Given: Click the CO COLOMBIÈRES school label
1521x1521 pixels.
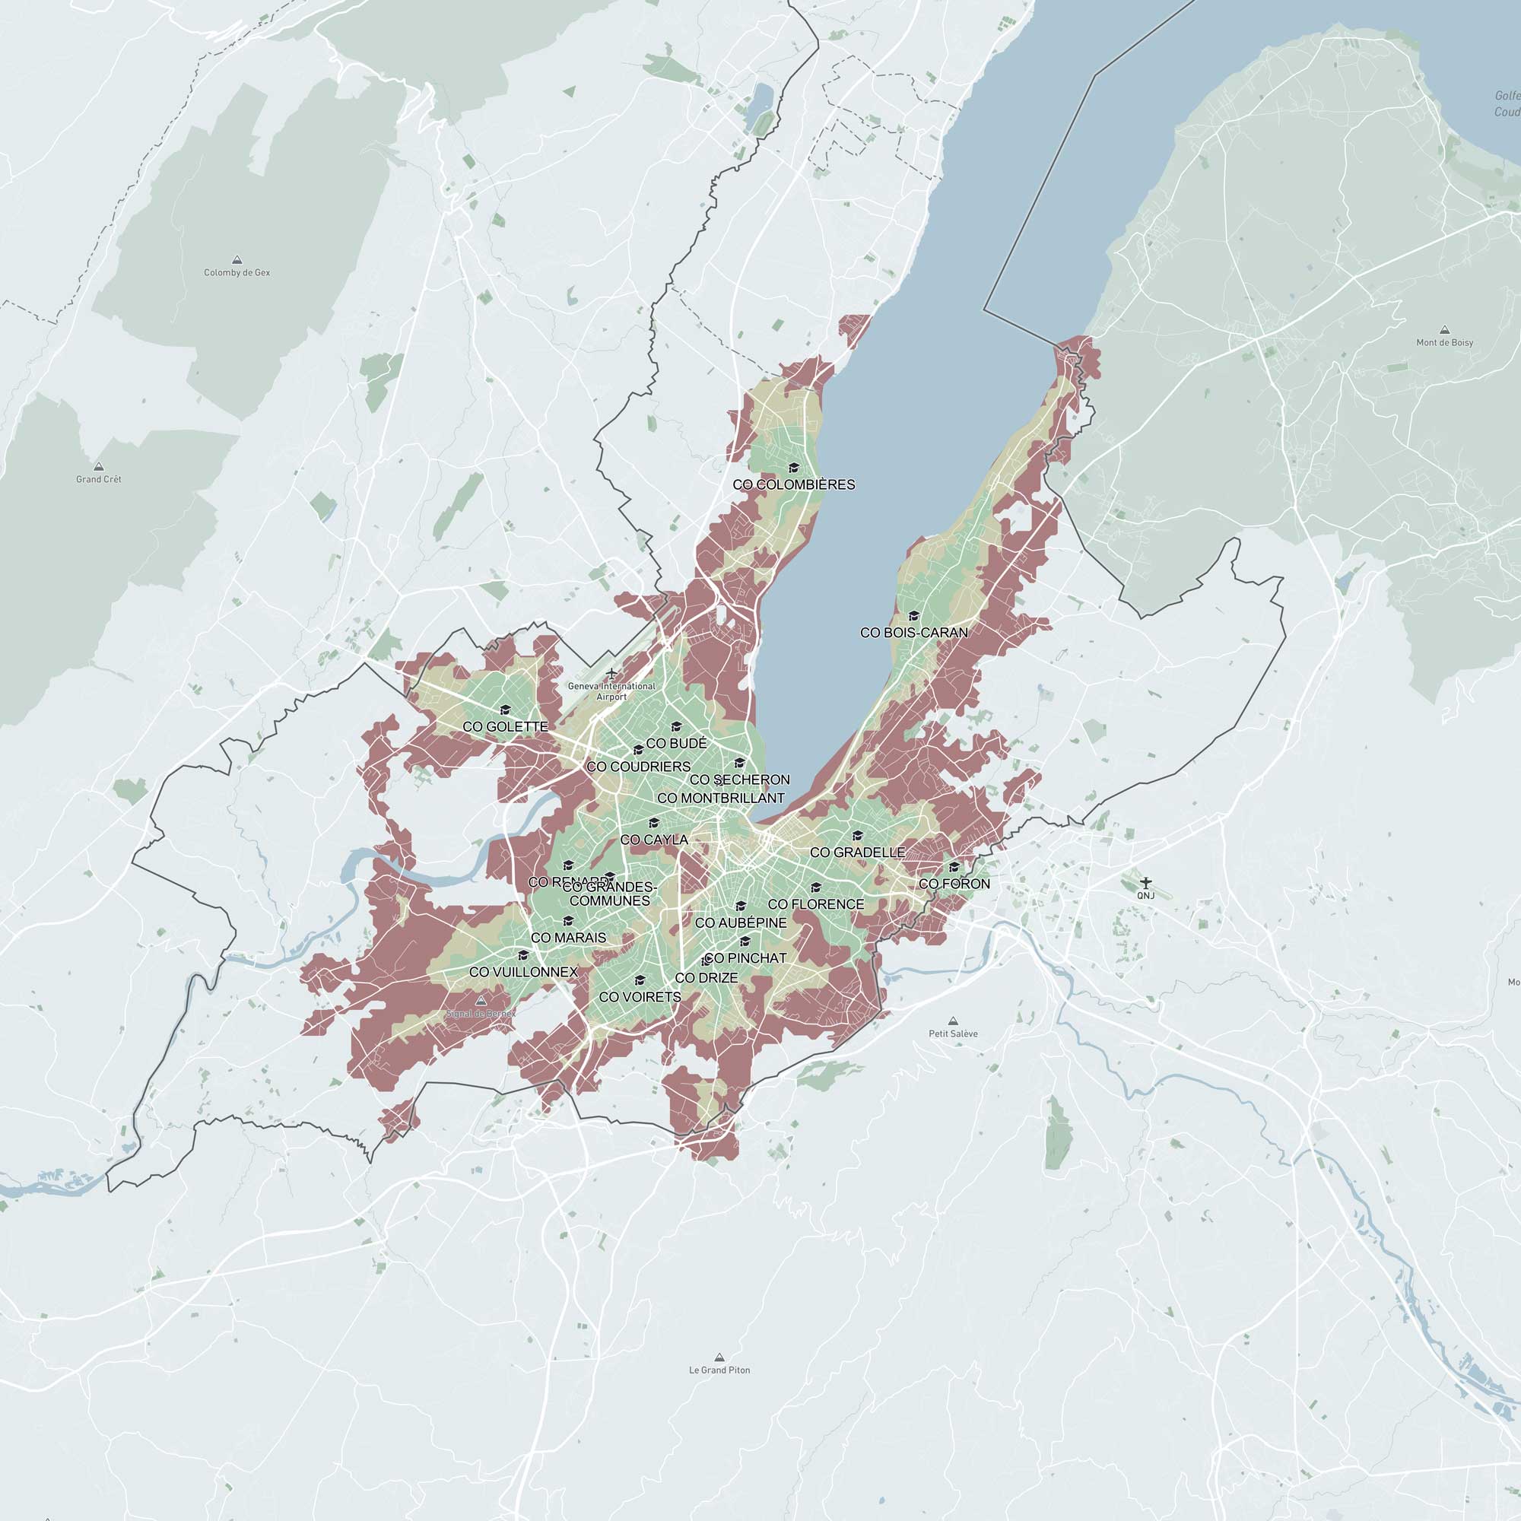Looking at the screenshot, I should click(793, 485).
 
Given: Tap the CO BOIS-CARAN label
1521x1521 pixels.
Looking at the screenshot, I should click(914, 632).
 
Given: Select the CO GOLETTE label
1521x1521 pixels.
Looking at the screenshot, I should click(506, 726).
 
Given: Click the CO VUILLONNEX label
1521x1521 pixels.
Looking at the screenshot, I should click(523, 972).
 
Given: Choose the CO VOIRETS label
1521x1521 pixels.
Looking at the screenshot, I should click(640, 997).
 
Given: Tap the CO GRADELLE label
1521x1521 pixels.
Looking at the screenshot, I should click(857, 853).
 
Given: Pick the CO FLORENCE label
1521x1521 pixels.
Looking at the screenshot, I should click(815, 904).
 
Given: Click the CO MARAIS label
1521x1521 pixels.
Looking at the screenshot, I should click(568, 938).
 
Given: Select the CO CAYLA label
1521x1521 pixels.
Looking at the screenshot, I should click(654, 840).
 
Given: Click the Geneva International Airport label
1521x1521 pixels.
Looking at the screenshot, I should click(611, 691).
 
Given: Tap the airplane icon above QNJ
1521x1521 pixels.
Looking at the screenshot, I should click(1145, 881).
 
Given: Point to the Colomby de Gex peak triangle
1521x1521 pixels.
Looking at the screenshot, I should click(237, 260).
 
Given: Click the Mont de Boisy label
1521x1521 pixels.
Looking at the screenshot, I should click(1445, 342).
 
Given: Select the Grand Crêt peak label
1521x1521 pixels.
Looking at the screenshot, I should click(98, 479).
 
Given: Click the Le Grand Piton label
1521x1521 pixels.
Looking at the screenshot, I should click(719, 1370).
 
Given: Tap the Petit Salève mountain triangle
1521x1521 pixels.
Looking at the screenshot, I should click(954, 1021).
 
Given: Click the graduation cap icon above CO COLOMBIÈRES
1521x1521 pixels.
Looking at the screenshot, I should click(793, 468).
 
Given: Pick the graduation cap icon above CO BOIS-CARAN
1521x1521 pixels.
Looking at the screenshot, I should click(914, 616).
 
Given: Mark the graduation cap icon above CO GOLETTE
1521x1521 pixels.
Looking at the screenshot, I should click(506, 710).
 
